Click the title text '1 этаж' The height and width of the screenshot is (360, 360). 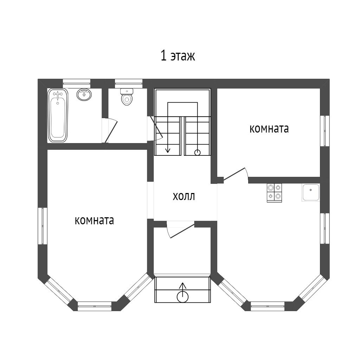click(x=178, y=56)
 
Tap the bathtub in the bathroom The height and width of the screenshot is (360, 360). click(x=58, y=115)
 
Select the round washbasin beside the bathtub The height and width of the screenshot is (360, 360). click(x=84, y=94)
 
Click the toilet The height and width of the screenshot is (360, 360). click(x=127, y=97)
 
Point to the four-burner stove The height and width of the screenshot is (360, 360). click(x=274, y=193)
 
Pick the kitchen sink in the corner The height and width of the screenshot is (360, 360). click(x=311, y=192)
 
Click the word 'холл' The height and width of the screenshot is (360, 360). click(x=184, y=197)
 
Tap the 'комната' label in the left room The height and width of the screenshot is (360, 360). click(x=94, y=220)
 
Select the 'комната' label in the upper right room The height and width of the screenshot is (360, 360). click(x=269, y=129)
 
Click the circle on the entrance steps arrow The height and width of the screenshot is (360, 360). click(x=182, y=297)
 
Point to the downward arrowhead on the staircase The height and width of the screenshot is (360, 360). click(x=168, y=150)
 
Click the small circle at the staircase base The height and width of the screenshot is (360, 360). click(x=197, y=152)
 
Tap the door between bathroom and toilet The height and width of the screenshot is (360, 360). click(x=111, y=131)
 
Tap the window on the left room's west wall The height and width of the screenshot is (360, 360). click(x=43, y=226)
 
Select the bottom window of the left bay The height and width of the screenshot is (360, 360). click(x=94, y=306)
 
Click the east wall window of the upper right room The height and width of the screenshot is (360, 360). click(x=324, y=131)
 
